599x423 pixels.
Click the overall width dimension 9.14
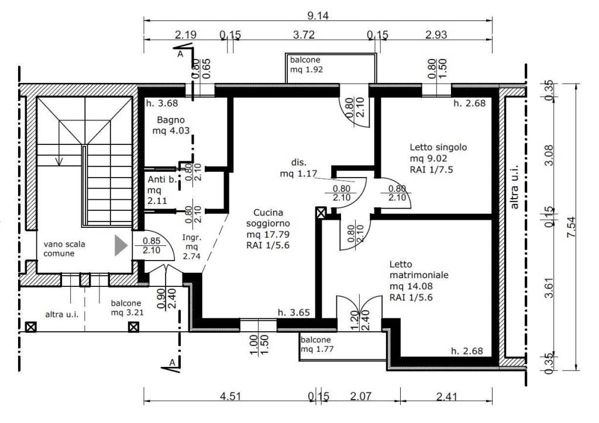(318, 16)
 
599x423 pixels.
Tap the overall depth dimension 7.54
(571, 227)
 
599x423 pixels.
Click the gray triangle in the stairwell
(121, 245)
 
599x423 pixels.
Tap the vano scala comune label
(64, 249)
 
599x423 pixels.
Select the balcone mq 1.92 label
(306, 64)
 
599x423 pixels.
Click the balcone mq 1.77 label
(316, 344)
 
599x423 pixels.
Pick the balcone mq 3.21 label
(127, 308)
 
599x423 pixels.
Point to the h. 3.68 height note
(162, 103)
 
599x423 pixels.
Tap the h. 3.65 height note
(294, 313)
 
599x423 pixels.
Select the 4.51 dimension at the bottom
(230, 396)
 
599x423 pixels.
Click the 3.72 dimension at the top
(304, 34)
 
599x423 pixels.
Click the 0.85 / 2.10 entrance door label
(152, 245)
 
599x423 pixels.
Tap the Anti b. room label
(162, 190)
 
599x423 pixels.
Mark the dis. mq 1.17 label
(298, 168)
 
